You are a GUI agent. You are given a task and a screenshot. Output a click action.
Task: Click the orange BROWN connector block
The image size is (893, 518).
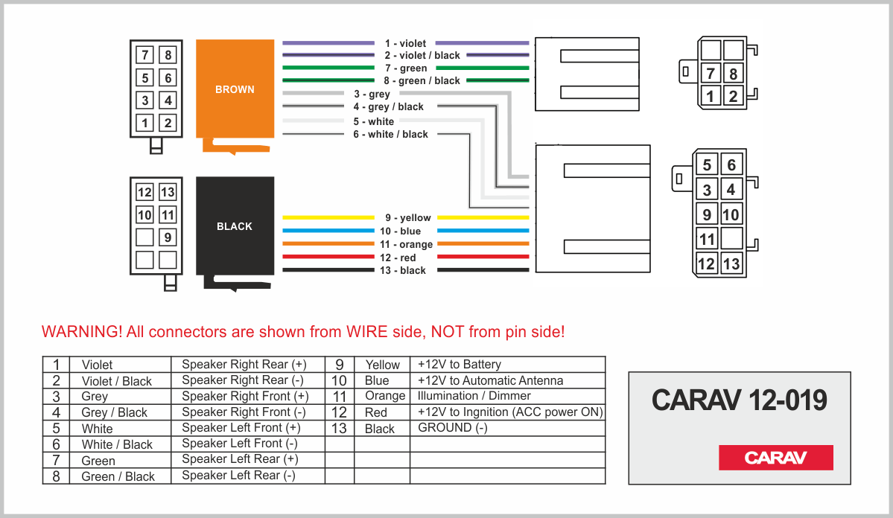[x=235, y=89]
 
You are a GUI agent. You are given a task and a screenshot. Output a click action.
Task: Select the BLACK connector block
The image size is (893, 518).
[x=235, y=226]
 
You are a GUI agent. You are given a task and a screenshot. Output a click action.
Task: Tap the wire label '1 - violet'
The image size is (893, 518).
[x=406, y=44]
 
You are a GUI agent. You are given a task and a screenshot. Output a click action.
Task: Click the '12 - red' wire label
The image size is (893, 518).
[x=398, y=258]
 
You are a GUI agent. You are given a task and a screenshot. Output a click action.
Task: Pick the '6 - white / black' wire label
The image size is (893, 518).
[x=390, y=135]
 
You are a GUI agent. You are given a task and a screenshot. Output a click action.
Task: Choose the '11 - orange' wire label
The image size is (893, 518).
[x=406, y=244]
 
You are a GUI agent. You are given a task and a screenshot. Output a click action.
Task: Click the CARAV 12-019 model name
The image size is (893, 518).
[x=739, y=400]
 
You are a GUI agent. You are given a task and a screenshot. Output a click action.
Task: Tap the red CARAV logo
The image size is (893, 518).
[x=775, y=458]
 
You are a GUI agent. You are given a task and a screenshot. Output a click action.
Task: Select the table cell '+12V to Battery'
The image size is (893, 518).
[x=459, y=365]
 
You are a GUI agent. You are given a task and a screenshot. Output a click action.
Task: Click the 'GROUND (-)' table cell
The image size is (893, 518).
[x=452, y=428]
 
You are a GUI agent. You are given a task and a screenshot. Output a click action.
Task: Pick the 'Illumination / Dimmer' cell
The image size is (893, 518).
[x=474, y=396]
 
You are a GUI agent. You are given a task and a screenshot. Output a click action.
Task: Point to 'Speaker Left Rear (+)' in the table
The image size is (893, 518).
[x=240, y=459]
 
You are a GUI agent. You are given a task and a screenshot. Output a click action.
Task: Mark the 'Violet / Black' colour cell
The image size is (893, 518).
[x=116, y=381]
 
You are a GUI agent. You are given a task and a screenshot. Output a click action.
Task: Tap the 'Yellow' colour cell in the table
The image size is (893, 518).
[x=382, y=365]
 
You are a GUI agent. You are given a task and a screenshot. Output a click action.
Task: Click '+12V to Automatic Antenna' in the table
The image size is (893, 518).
[x=490, y=380]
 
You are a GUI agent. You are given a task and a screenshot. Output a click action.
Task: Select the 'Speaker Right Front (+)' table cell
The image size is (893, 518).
[x=245, y=396]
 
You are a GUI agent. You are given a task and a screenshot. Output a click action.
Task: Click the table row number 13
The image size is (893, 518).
[x=339, y=428]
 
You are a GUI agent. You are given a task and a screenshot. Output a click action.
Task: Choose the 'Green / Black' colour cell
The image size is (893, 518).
[x=118, y=476]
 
